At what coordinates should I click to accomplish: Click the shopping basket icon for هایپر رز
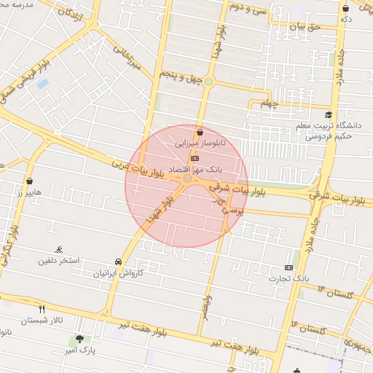point(30,181)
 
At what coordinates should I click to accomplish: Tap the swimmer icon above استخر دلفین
point(60,250)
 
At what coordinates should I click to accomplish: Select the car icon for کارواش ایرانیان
point(118,262)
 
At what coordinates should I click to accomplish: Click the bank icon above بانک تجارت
point(289,267)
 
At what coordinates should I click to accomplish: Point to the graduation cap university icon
point(329,115)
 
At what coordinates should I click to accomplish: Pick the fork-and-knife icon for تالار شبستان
point(42,309)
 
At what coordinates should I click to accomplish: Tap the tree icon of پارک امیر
point(79,339)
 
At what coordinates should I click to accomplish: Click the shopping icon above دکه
point(345,9)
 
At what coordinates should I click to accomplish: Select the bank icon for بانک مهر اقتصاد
point(195,157)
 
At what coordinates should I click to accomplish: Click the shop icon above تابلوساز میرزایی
point(200,132)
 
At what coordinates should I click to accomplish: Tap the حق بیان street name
point(305,27)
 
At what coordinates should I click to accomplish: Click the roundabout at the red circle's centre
point(187,178)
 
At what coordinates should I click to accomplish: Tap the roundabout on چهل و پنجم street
point(208,82)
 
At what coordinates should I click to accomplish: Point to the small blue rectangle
point(42,84)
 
